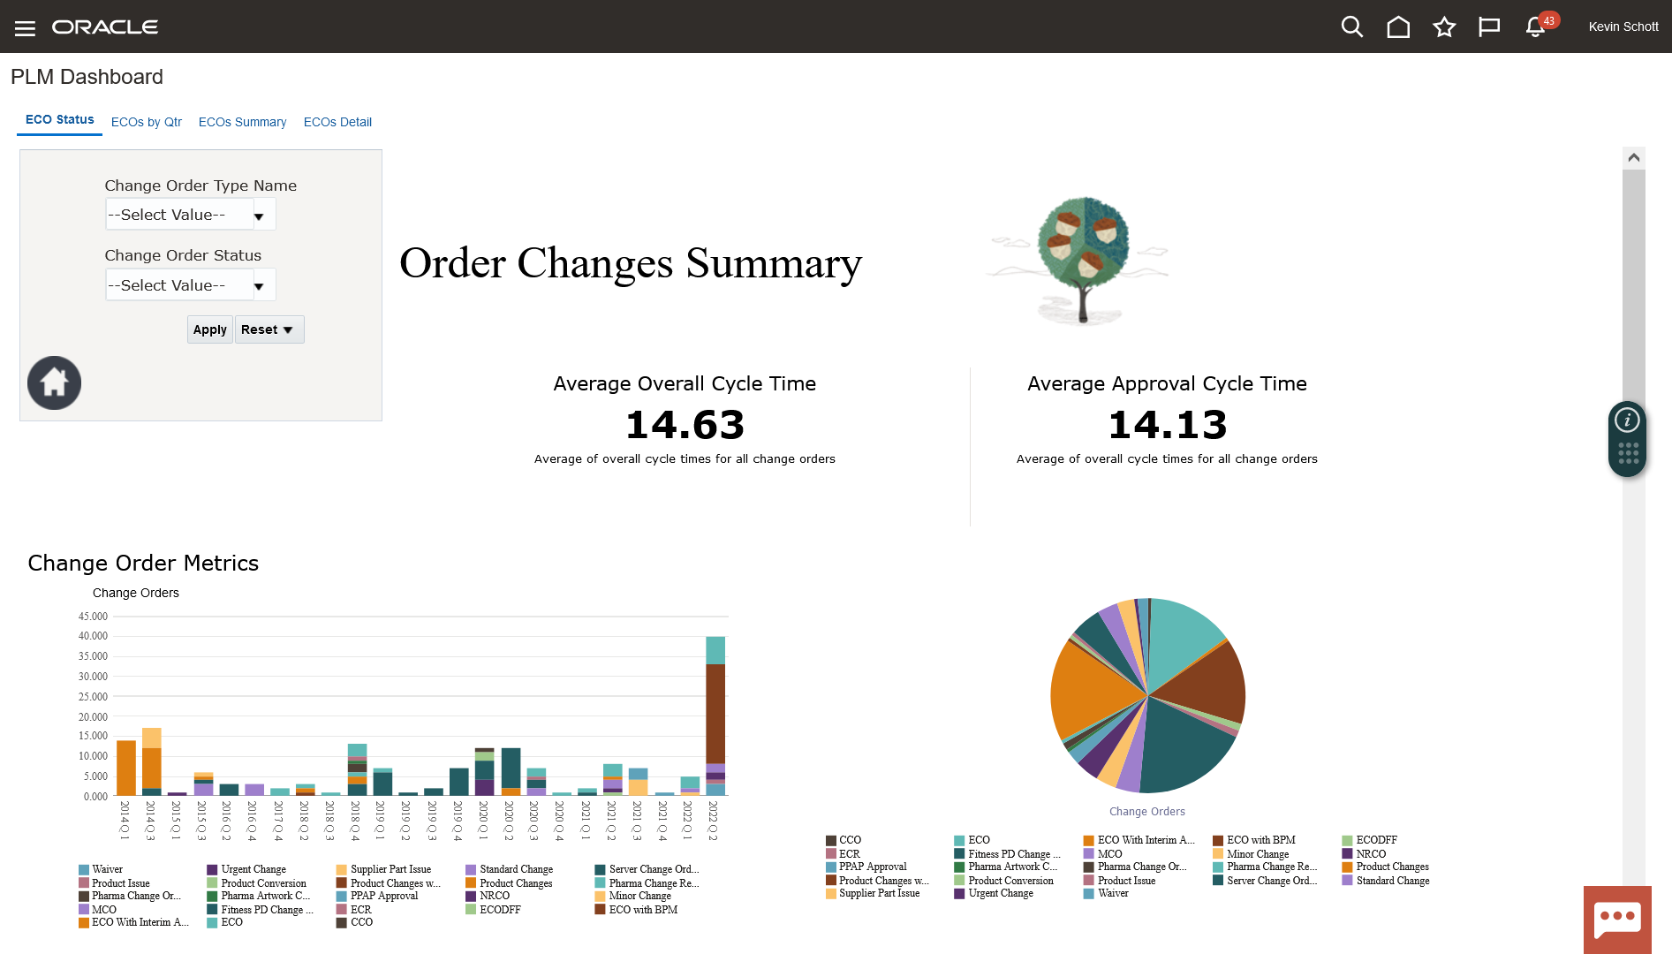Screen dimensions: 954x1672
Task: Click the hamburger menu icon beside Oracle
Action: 25,28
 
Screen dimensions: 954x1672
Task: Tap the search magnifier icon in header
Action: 1351,27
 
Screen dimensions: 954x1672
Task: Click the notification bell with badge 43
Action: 1535,27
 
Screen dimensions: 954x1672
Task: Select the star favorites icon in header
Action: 1444,27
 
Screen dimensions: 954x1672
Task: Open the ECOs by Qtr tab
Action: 147,122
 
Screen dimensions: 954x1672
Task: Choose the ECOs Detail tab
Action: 337,122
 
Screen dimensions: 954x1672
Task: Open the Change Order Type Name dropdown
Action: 190,215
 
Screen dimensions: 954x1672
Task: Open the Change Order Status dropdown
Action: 190,285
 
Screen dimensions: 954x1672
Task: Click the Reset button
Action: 269,329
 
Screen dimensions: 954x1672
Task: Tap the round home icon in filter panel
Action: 54,382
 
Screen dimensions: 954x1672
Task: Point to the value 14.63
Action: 685,425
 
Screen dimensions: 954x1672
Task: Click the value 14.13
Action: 1167,425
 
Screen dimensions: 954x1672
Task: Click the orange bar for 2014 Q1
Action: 126,768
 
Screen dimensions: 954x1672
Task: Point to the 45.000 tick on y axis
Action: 93,617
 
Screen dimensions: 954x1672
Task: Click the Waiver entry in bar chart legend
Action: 107,870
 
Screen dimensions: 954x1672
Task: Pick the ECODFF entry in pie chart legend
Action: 1376,840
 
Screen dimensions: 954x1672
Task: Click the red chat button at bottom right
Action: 1617,919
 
